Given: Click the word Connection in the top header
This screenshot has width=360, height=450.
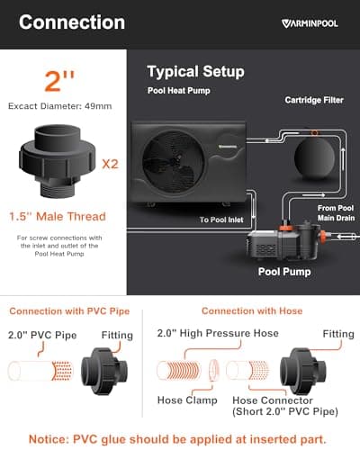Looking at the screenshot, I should click(x=72, y=22).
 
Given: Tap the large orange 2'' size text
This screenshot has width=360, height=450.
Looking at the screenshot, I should click(x=60, y=85).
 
